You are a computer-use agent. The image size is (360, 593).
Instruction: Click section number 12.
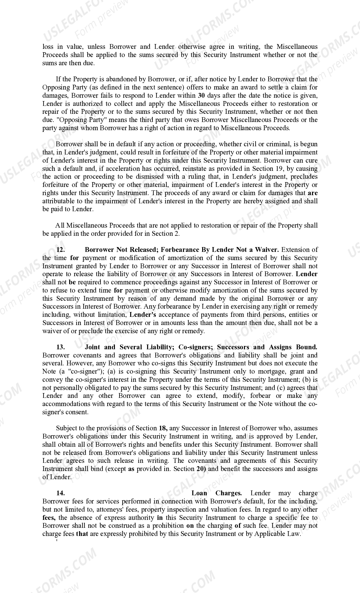61,250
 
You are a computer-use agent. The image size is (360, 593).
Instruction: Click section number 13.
61,347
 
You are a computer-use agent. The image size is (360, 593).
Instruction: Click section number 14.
61,493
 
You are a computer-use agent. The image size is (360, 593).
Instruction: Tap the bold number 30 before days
201,95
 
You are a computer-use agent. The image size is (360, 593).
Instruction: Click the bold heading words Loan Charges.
217,493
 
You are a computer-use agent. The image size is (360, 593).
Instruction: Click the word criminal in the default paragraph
278,144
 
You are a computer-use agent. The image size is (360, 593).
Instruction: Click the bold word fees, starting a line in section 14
49,518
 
